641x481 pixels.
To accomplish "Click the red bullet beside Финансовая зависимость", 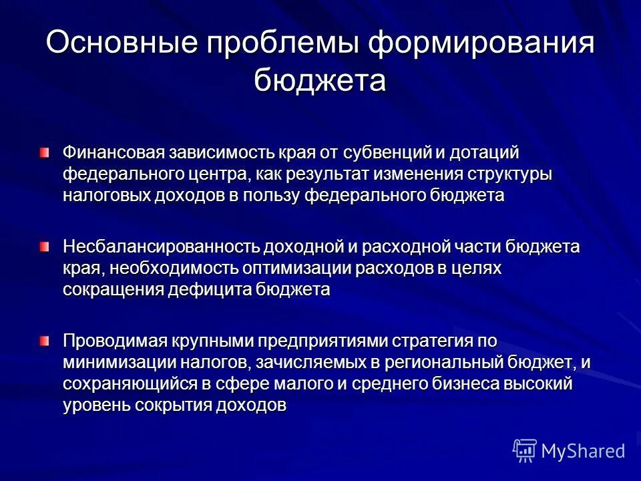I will pyautogui.click(x=44, y=154).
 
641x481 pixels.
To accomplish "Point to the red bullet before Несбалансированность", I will pyautogui.click(x=44, y=247).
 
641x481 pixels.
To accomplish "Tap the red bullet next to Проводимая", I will pyautogui.click(x=44, y=341).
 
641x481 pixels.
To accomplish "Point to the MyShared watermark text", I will pyautogui.click(x=583, y=451).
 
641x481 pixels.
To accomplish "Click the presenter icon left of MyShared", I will pyautogui.click(x=525, y=452).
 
